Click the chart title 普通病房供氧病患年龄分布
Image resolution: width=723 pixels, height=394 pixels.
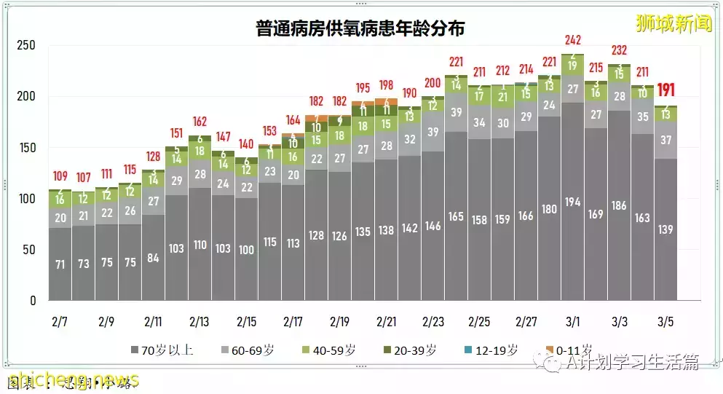tap(360, 28)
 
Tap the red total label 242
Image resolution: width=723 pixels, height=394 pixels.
tap(573, 40)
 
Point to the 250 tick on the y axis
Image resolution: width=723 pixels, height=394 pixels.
tap(27, 45)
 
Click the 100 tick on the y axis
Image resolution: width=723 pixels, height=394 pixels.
tap(27, 199)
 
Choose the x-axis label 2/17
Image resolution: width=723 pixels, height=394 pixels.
tap(293, 320)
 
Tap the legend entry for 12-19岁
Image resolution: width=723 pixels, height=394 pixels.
tap(492, 350)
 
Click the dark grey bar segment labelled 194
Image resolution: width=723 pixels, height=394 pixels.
tap(573, 202)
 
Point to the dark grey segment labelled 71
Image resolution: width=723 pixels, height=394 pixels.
tap(60, 264)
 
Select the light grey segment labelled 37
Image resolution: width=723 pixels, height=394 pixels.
tap(666, 140)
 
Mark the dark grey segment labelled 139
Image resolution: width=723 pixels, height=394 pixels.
tap(666, 229)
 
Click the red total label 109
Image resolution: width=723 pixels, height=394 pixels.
tap(60, 176)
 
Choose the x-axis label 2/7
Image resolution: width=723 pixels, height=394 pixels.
tap(60, 320)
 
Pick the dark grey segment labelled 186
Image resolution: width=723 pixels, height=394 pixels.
tap(620, 206)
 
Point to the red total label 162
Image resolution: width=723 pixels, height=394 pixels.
tap(200, 122)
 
